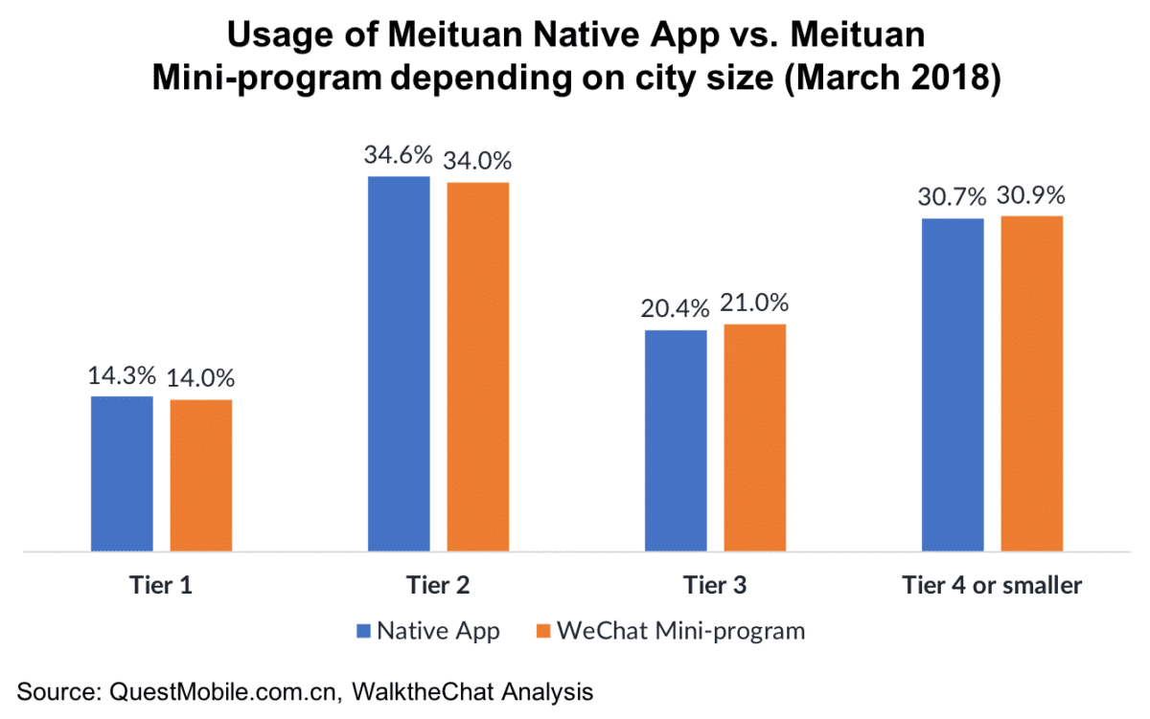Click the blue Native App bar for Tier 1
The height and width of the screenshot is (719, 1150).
tap(122, 473)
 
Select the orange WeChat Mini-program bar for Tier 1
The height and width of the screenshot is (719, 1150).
tap(201, 475)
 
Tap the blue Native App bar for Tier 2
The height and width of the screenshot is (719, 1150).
tap(399, 364)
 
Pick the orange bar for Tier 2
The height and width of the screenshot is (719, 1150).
tap(478, 367)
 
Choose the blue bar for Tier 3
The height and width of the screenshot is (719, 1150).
tap(676, 440)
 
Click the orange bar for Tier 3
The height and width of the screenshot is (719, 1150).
tap(755, 438)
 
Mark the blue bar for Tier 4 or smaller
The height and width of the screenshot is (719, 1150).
tap(953, 385)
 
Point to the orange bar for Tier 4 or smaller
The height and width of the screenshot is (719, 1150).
tap(1032, 383)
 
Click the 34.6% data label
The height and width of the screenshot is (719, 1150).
tap(399, 155)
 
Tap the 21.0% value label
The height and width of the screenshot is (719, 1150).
tap(756, 303)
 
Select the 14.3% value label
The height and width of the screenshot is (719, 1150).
tap(122, 375)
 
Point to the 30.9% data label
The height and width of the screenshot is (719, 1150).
tap(1033, 195)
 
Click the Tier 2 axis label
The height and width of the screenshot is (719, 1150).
tap(438, 584)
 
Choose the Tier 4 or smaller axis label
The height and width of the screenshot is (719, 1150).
tap(992, 584)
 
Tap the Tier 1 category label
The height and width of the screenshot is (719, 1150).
tap(161, 584)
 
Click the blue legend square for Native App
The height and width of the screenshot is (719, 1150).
tap(362, 631)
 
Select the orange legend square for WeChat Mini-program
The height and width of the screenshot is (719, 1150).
tap(542, 631)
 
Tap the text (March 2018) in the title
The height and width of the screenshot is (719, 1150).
tap(892, 79)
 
